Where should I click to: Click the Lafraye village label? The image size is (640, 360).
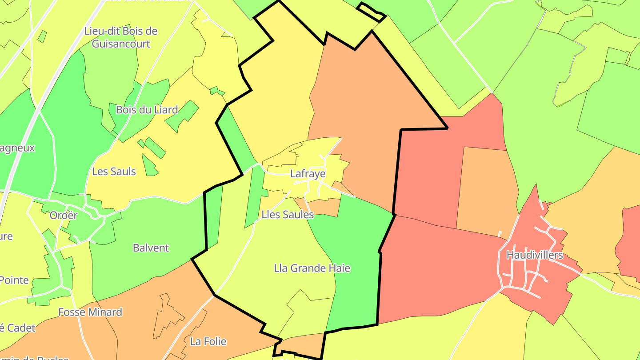pyautogui.click(x=308, y=174)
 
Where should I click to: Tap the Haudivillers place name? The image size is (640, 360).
pyautogui.click(x=535, y=255)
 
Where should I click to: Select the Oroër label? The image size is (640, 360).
pyautogui.click(x=64, y=216)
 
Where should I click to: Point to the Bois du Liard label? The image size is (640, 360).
pyautogui.click(x=147, y=110)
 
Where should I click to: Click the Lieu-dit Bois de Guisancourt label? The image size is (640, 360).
pyautogui.click(x=121, y=37)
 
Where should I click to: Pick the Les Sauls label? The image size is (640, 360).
pyautogui.click(x=114, y=171)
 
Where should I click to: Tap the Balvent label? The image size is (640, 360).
pyautogui.click(x=151, y=248)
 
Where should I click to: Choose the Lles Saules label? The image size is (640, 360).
pyautogui.click(x=288, y=215)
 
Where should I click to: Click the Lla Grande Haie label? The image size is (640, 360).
pyautogui.click(x=312, y=268)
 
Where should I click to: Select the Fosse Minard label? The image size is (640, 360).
pyautogui.click(x=90, y=312)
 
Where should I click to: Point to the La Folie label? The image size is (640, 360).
pyautogui.click(x=208, y=341)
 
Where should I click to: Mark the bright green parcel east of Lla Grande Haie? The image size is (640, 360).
pyautogui.click(x=356, y=267)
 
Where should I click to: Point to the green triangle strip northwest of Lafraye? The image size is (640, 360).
pyautogui.click(x=236, y=138)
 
